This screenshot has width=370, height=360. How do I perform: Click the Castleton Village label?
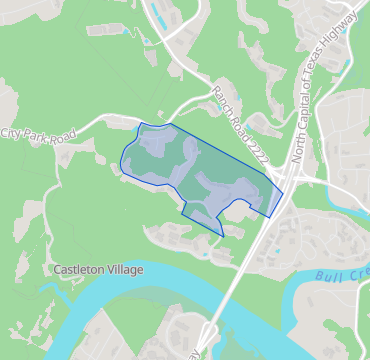(x=98, y=270)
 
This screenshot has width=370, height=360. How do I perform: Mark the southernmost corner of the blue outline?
(x=223, y=236)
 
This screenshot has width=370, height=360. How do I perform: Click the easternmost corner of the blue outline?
(x=283, y=191)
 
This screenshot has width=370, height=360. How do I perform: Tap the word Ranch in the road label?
(x=222, y=98)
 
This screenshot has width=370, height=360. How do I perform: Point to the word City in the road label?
(x=10, y=134)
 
